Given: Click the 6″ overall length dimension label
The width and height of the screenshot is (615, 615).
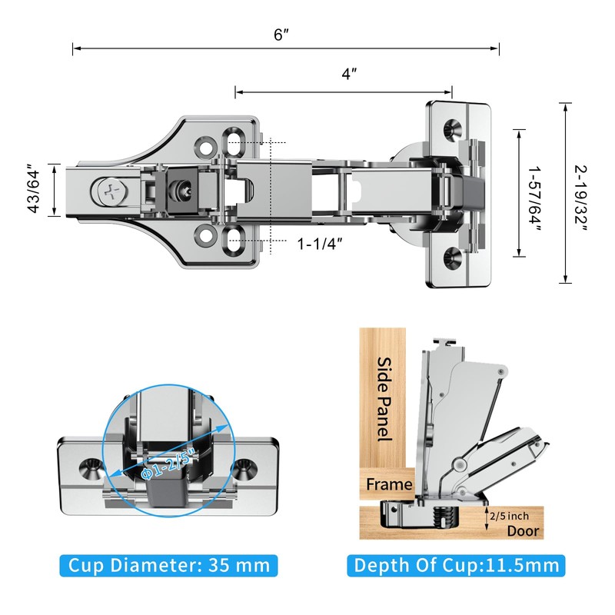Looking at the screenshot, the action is point(281,35).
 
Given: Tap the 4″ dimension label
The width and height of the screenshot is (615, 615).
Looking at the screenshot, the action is point(349,73).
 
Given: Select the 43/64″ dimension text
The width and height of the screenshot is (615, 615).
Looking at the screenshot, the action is point(34,191).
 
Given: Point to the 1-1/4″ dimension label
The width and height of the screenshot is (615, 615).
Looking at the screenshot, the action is point(320,244).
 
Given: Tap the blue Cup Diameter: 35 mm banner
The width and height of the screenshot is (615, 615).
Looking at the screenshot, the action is point(168,565).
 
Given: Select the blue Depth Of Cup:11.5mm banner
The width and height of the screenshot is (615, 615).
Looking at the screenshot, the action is point(456,565).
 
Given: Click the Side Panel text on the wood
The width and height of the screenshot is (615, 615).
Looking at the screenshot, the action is point(384,398).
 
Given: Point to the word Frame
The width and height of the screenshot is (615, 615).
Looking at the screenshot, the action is point(389,484).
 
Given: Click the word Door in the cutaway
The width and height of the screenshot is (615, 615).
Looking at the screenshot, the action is point(524,530).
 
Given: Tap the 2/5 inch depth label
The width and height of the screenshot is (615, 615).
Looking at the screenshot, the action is point(509,516).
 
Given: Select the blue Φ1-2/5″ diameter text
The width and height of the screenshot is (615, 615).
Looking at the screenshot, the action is point(169,464).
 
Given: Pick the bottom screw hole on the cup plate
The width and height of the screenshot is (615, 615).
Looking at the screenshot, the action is point(452,257).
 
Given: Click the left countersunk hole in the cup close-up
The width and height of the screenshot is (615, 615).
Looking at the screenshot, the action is point(91,469).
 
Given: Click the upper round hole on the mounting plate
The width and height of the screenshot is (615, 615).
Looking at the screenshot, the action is point(205,147).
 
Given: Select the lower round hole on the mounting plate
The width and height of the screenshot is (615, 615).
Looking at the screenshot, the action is point(205,236).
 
